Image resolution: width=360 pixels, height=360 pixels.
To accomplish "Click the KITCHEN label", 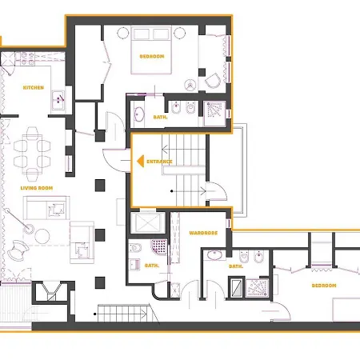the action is click(x=34, y=88).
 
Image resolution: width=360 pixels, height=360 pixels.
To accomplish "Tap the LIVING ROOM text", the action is click(x=37, y=188).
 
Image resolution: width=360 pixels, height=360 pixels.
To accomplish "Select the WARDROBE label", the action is click(x=203, y=233).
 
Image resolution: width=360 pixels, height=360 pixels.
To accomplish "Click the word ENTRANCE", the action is click(x=159, y=162).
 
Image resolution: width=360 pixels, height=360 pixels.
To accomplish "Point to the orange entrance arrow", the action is click(x=141, y=162).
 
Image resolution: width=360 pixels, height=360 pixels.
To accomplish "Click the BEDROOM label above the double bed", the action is click(x=152, y=57).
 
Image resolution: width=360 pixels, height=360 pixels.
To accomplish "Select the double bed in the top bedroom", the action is click(x=151, y=50).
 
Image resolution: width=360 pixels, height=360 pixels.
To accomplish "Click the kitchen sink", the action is click(x=58, y=100).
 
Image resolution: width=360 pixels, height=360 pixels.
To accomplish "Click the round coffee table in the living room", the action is click(x=42, y=236).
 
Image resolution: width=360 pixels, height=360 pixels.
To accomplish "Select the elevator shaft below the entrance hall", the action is click(x=148, y=222).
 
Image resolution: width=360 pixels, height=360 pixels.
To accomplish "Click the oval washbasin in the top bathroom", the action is click(x=138, y=114).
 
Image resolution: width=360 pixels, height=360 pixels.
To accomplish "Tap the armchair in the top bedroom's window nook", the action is click(x=213, y=81).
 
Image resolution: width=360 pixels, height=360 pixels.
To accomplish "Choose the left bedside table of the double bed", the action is click(x=123, y=33).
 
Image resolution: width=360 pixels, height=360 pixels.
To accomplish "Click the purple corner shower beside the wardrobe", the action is click(x=159, y=247).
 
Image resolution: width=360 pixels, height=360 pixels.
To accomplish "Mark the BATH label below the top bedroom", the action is click(x=160, y=117).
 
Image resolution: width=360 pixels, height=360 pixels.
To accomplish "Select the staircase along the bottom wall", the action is click(x=123, y=314).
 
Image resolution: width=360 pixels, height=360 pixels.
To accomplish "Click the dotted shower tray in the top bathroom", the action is click(x=215, y=114).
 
